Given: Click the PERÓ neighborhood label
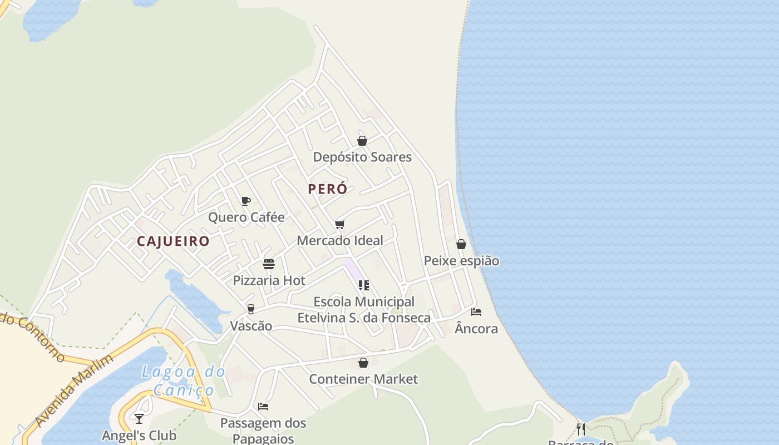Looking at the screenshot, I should (328, 189).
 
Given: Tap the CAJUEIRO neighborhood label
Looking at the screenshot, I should (173, 241).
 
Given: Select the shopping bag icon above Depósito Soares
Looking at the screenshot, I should (362, 141).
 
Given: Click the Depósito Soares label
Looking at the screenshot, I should (362, 157).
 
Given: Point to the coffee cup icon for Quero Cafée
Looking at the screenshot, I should (246, 201).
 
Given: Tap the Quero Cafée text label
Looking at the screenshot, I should (246, 217).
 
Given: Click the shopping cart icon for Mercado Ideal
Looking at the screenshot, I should (340, 224).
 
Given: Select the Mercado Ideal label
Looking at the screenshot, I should (340, 240).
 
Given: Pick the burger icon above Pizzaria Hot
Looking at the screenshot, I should (269, 264).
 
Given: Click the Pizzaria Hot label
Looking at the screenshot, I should (269, 280).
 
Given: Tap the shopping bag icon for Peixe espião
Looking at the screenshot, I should (461, 244).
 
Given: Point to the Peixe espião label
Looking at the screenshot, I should (461, 261).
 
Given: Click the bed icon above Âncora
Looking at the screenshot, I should (476, 312).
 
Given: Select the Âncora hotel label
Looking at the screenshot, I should (476, 329).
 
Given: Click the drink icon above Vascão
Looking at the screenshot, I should (251, 309).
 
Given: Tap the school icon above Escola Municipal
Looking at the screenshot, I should (364, 285).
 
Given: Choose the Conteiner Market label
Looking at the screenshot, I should (363, 379).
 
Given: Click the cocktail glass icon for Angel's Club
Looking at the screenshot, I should (139, 419).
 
